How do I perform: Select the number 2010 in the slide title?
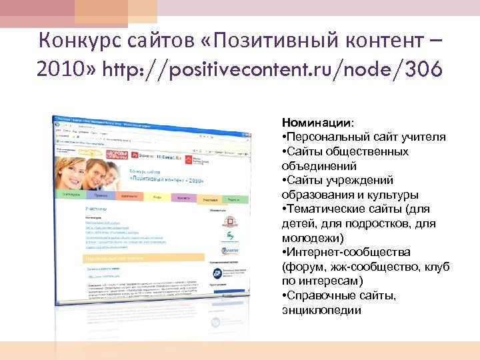[61, 69]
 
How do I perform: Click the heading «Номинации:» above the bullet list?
[318, 123]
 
